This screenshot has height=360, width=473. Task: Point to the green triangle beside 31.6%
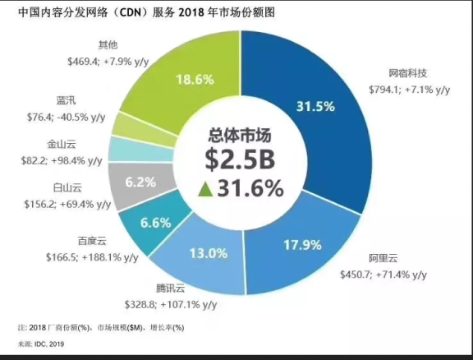coord(205,190)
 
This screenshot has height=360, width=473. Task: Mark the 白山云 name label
coord(86,188)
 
